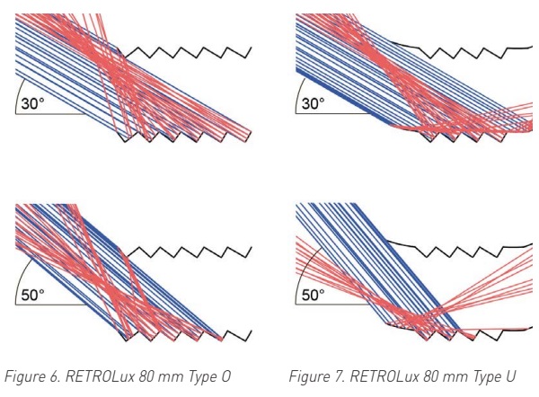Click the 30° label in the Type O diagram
[33, 103]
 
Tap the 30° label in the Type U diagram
[313, 103]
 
